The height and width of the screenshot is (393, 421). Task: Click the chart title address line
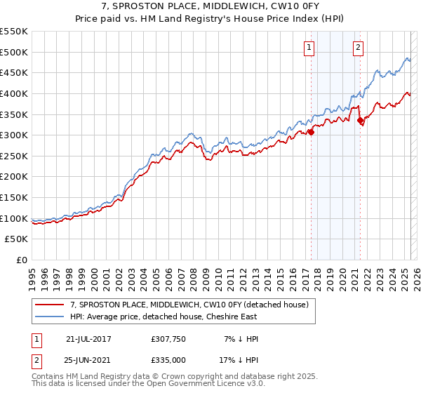pyautogui.click(x=210, y=6)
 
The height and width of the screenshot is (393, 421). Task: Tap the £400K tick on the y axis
pyautogui.click(x=14, y=93)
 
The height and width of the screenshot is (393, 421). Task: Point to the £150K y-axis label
pyautogui.click(x=14, y=197)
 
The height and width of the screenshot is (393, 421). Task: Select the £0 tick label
pyautogui.click(x=21, y=260)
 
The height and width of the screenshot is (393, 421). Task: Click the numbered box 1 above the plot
pyautogui.click(x=309, y=48)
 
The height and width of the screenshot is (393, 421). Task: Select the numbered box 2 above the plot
pyautogui.click(x=358, y=48)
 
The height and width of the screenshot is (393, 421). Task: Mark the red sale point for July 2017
pyautogui.click(x=311, y=132)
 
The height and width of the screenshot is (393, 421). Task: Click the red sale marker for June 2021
pyautogui.click(x=360, y=121)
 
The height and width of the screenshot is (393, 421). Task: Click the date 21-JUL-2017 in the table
pyautogui.click(x=88, y=339)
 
